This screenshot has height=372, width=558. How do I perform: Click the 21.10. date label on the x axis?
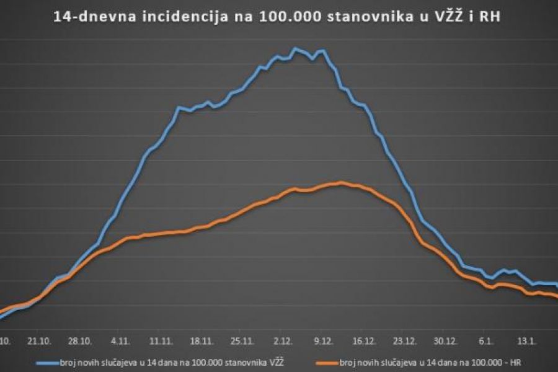(x=38, y=340)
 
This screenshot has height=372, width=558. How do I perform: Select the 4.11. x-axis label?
(x=121, y=340)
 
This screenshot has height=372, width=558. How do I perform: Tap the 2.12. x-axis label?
(x=283, y=340)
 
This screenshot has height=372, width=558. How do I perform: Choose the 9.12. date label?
(x=324, y=340)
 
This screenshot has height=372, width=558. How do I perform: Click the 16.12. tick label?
(x=364, y=340)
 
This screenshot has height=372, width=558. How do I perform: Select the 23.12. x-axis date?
(x=405, y=340)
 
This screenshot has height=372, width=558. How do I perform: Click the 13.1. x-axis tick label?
(x=526, y=340)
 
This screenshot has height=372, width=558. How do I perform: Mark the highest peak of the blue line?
(x=295, y=48)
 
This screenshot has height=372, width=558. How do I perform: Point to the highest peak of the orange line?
(x=341, y=182)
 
